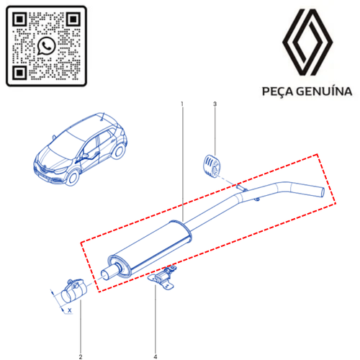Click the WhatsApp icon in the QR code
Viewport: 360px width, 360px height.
[x=46, y=46]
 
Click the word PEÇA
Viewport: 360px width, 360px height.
[x=277, y=92]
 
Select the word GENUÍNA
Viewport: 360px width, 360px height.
[x=324, y=91]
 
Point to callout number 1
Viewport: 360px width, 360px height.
[x=182, y=104]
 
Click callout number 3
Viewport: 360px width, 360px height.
[x=215, y=104]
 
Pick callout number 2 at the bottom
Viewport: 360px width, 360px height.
[x=81, y=356]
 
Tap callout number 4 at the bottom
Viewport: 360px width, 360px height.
[x=156, y=356]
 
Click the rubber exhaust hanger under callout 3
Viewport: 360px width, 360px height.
[x=212, y=165]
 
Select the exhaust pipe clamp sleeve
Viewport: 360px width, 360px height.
[x=73, y=290]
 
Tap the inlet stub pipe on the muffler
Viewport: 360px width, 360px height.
[x=109, y=272]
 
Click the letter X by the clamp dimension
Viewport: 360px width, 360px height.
[x=70, y=310]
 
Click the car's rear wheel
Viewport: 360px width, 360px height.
[x=119, y=151]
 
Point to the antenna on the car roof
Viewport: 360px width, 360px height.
[x=103, y=117]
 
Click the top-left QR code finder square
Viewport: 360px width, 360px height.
[x=19, y=19]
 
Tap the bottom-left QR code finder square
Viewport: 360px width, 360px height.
[x=19, y=72]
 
